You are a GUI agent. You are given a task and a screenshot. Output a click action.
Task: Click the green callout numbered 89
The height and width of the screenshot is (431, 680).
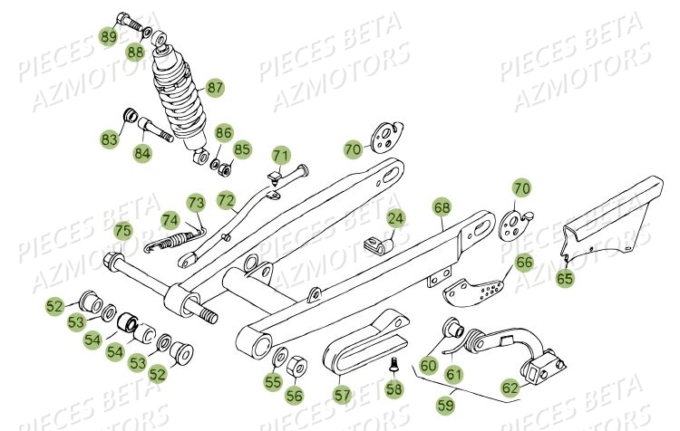[x=108, y=37]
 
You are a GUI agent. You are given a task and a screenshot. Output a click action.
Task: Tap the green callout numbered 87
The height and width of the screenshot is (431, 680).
[x=215, y=88]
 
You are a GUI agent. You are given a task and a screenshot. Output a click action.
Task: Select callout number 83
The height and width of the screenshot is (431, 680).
[x=110, y=139]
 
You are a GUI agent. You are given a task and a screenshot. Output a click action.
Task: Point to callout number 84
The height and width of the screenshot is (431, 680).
[x=142, y=152]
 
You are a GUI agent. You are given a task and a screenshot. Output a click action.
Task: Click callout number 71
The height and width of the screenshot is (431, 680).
[x=280, y=154]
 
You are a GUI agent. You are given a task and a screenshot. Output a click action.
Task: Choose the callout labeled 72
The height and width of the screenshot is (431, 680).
[x=226, y=199]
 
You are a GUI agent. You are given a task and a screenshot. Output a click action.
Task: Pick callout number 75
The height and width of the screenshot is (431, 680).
[x=122, y=232]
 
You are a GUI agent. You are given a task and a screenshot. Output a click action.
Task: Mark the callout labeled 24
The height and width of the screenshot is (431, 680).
[x=395, y=218]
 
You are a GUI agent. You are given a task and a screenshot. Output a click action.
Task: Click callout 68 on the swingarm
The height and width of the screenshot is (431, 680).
[x=442, y=208]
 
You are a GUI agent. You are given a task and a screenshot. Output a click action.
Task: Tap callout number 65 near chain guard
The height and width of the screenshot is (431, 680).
[x=565, y=279]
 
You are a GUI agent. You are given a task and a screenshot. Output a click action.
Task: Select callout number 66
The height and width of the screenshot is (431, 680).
[x=524, y=263]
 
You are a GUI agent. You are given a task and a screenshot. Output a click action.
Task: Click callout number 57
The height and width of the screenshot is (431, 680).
[x=341, y=395]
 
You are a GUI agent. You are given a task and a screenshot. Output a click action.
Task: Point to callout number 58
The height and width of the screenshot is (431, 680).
[x=393, y=389]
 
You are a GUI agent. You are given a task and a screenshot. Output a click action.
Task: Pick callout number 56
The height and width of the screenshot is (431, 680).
[x=296, y=395]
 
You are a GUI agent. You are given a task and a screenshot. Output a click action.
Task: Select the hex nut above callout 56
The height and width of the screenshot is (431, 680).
[x=298, y=366]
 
